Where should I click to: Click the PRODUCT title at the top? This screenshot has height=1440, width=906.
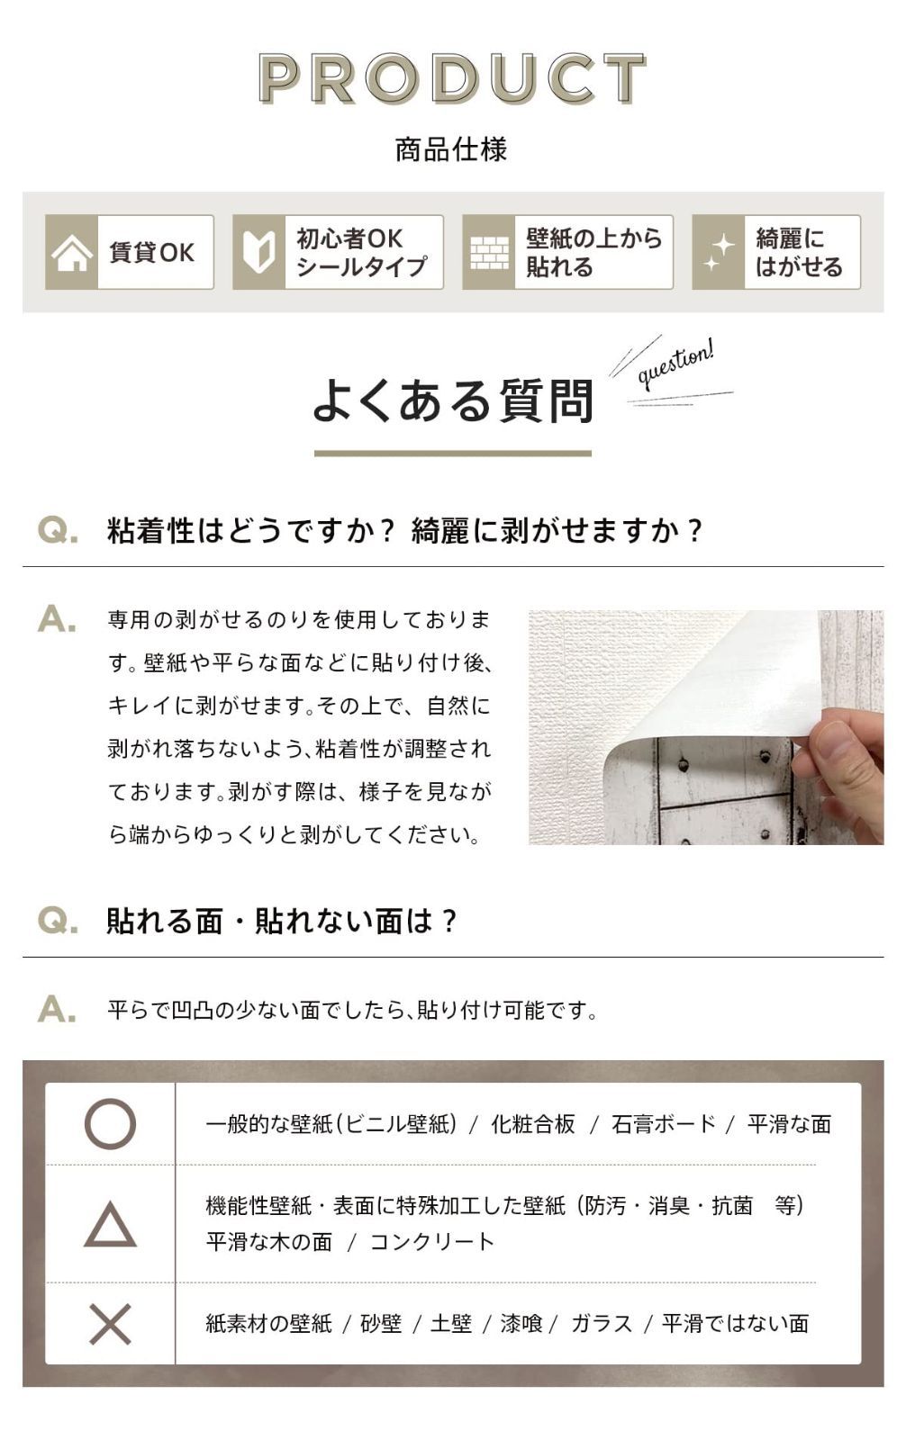click(x=452, y=77)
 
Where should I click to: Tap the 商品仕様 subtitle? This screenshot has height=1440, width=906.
click(x=452, y=149)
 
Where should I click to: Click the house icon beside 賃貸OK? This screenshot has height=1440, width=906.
click(x=71, y=252)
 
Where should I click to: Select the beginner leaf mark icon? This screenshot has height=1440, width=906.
click(x=258, y=252)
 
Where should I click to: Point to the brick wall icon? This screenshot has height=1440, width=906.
click(x=489, y=252)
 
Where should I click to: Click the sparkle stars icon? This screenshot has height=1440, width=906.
click(x=719, y=252)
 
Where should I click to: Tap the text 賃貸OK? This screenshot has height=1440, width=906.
click(x=152, y=253)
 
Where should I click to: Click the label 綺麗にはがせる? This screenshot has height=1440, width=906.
click(x=799, y=253)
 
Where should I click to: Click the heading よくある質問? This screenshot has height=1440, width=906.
click(x=453, y=400)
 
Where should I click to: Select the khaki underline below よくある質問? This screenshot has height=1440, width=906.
click(x=453, y=454)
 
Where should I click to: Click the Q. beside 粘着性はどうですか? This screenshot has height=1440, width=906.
click(x=59, y=531)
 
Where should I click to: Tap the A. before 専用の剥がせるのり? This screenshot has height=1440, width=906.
click(x=58, y=619)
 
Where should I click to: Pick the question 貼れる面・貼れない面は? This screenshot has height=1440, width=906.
click(x=281, y=922)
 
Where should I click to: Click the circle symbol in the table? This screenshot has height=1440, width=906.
click(x=110, y=1124)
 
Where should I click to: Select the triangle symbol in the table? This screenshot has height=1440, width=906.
click(x=110, y=1225)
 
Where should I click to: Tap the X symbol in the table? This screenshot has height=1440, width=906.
click(x=110, y=1324)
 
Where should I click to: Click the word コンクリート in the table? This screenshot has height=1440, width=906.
click(x=432, y=1242)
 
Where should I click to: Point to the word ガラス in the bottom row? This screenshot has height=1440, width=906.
click(x=602, y=1324)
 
